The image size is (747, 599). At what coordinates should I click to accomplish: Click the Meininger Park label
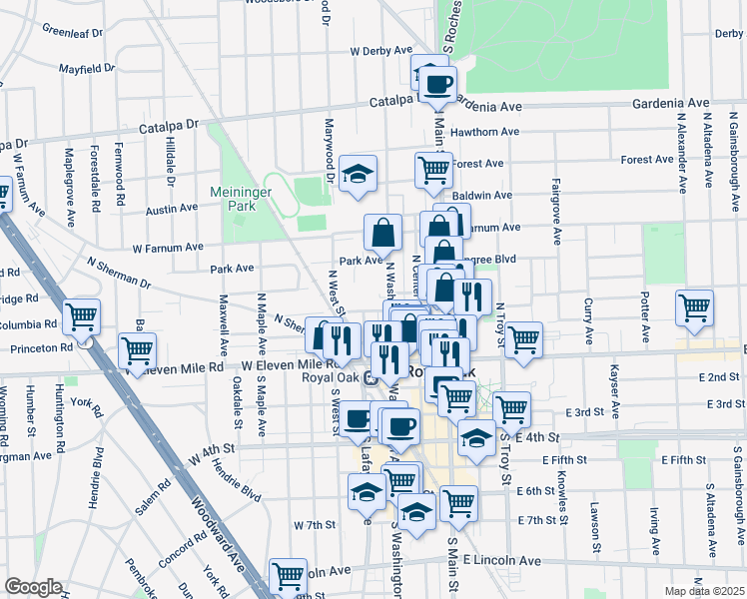pos(234,199)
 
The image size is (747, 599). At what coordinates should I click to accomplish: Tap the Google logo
pos(33,587)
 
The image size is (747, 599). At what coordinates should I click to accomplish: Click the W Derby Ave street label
pos(381,50)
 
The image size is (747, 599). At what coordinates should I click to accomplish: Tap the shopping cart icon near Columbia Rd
pos(81,318)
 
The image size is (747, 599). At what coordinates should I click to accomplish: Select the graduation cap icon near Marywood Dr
pos(358,174)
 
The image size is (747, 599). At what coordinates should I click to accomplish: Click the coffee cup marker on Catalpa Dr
pos(437,84)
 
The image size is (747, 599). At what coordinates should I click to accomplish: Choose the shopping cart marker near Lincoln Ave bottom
pos(288,575)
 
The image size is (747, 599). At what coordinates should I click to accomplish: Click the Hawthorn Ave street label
pos(484,132)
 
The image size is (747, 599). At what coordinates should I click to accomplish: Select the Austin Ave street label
pos(172,210)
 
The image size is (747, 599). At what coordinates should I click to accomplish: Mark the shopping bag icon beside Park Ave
pos(382,234)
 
